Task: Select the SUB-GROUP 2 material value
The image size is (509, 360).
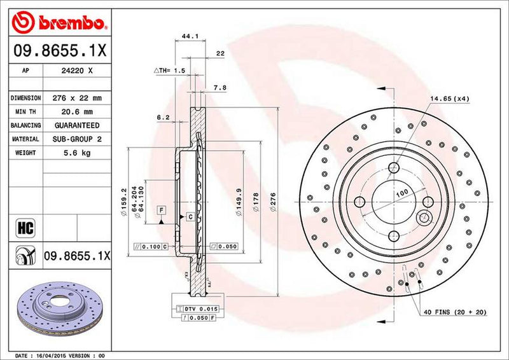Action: [78, 139]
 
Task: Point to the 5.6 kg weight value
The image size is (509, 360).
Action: [78, 153]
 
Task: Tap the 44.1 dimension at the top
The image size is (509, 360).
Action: [186, 36]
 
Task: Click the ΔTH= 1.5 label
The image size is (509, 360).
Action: [169, 71]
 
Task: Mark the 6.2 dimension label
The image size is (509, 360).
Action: [163, 117]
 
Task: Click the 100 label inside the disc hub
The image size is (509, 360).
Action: [401, 192]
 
